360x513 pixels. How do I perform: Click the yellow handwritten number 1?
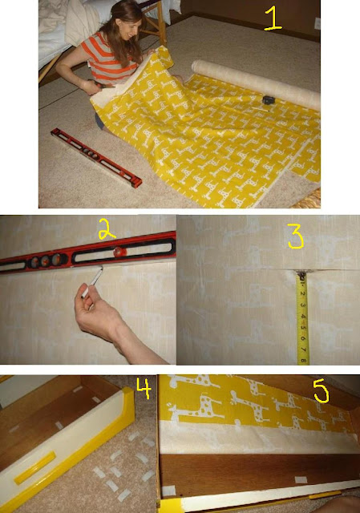(x=273, y=18)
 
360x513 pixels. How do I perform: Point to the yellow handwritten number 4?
(x=144, y=389)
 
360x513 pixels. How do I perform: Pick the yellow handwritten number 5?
(x=321, y=391)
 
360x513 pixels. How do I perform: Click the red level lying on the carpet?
(x=96, y=158)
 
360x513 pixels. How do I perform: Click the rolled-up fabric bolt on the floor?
(x=256, y=84)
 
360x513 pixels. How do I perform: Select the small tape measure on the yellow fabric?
(x=268, y=100)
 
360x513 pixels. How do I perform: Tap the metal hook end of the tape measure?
(x=301, y=275)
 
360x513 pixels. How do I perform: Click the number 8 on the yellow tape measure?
(x=303, y=361)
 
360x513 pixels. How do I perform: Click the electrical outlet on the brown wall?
(x=318, y=23)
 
